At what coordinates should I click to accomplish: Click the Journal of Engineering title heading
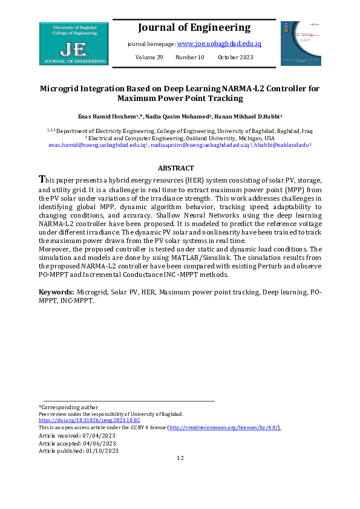(194, 28)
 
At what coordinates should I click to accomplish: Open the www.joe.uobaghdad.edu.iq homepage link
(218, 44)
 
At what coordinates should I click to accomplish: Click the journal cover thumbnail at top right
(301, 44)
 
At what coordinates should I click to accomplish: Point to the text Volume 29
(149, 57)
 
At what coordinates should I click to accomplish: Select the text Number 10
(190, 57)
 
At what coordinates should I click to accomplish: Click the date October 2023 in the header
(235, 57)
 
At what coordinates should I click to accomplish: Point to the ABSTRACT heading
(175, 168)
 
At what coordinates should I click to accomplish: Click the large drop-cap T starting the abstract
(42, 180)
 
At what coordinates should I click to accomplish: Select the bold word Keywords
(56, 292)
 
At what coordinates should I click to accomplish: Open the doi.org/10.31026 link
(89, 420)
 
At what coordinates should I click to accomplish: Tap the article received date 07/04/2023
(102, 435)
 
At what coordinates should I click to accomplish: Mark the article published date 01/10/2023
(103, 451)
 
